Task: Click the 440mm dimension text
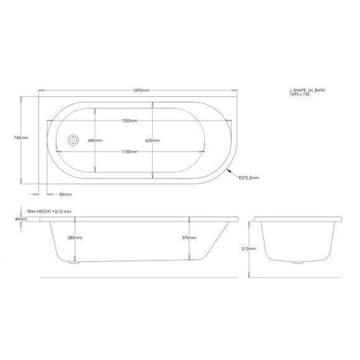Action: coord(94,141)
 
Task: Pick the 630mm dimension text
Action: coord(153,141)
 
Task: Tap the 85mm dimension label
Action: coord(65,194)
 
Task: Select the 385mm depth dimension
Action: coord(75,238)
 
